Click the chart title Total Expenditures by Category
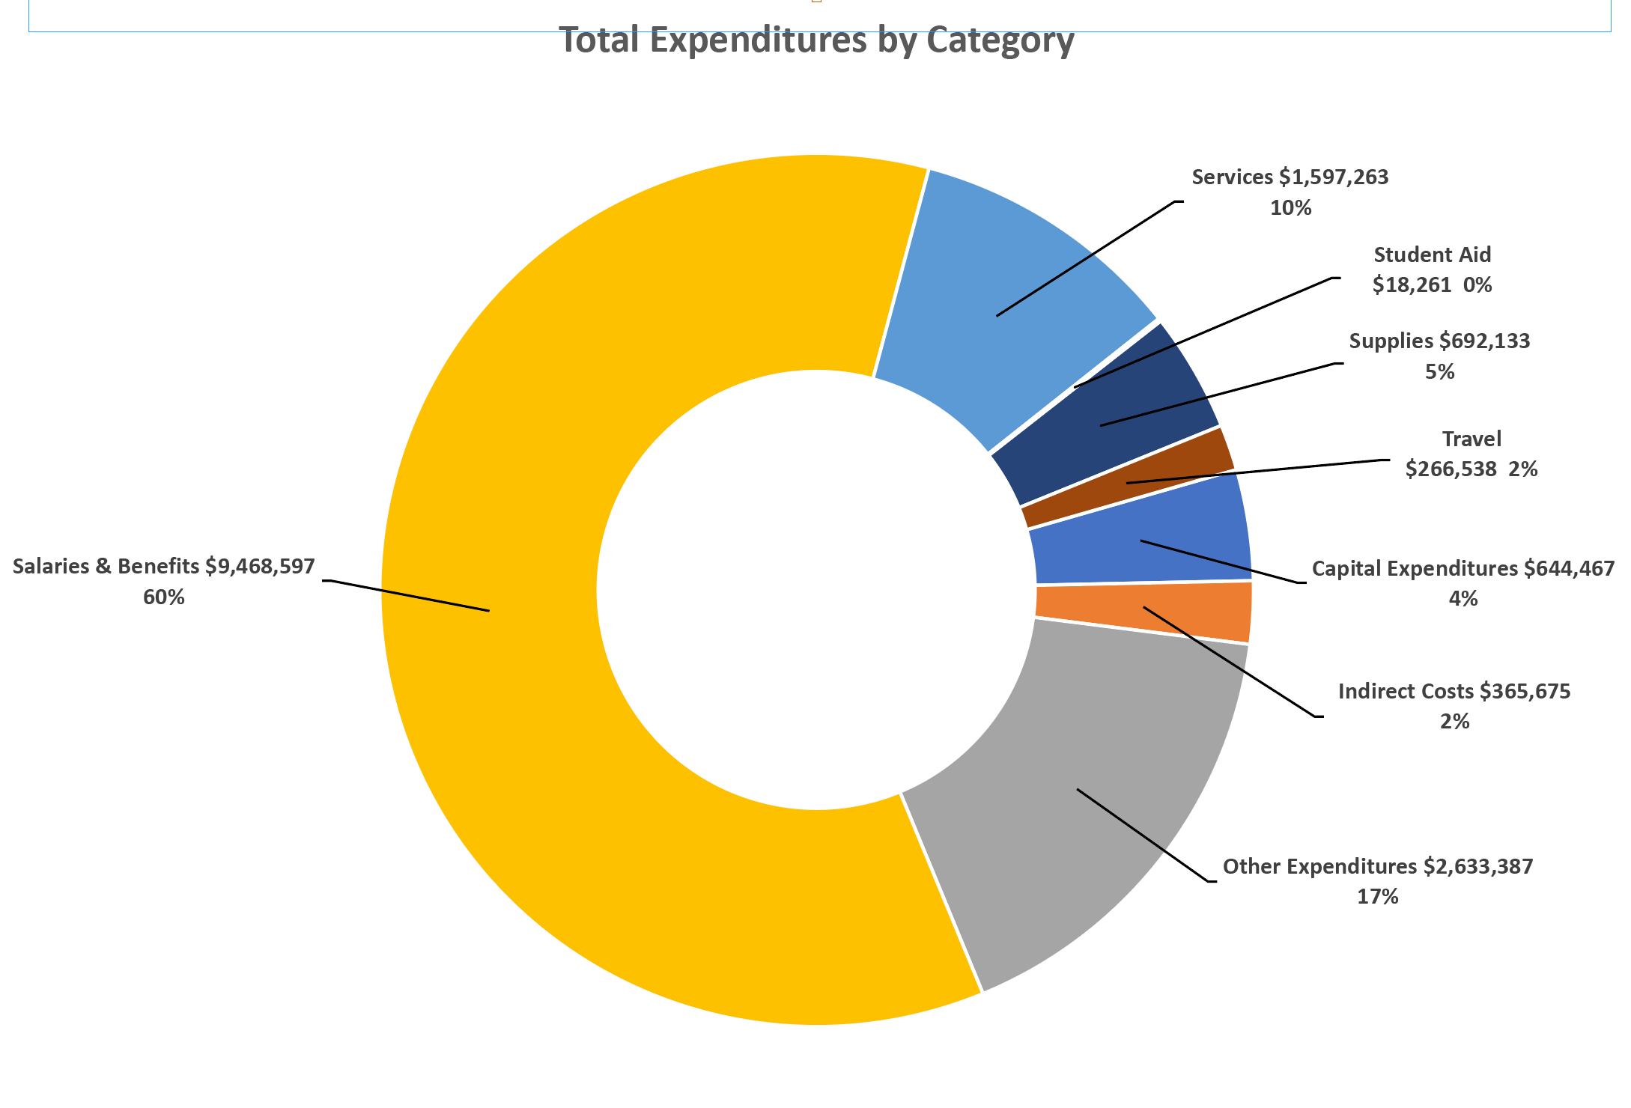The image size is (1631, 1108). tap(816, 40)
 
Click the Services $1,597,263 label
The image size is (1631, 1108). tap(1290, 177)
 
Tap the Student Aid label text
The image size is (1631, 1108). tap(1432, 255)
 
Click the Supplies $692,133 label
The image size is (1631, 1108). tap(1439, 341)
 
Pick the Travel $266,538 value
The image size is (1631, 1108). tap(1451, 469)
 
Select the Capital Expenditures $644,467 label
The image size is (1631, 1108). tap(1463, 569)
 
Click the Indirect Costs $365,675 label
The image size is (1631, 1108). tap(1454, 691)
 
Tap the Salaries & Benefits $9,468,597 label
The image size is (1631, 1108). tap(163, 567)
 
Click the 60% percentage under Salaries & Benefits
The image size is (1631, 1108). tap(163, 597)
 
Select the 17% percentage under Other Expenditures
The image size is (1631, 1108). tap(1377, 897)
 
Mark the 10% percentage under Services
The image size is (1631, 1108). tap(1290, 208)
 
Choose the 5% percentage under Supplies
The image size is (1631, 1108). tap(1439, 372)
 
